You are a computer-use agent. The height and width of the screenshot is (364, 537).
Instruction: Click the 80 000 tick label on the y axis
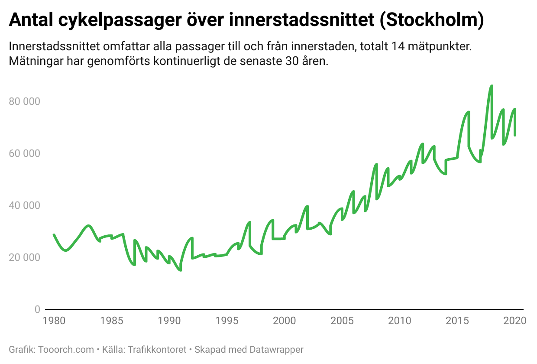pyautogui.click(x=24, y=102)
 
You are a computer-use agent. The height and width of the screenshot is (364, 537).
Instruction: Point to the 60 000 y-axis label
pyautogui.click(x=24, y=154)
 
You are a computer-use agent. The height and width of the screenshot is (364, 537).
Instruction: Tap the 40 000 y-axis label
pyautogui.click(x=24, y=205)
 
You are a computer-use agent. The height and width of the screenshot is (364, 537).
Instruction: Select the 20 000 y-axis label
pyautogui.click(x=24, y=257)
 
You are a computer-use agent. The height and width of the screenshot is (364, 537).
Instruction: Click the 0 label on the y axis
pyautogui.click(x=37, y=309)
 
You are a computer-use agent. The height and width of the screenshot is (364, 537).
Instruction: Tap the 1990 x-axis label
pyautogui.click(x=169, y=321)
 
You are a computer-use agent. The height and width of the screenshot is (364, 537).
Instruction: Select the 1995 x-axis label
pyautogui.click(x=226, y=321)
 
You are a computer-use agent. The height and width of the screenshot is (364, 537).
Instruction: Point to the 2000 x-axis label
pyautogui.click(x=284, y=321)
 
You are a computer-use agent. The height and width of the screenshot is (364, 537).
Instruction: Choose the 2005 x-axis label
pyautogui.click(x=342, y=321)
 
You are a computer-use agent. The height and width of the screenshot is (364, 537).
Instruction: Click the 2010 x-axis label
pyautogui.click(x=399, y=321)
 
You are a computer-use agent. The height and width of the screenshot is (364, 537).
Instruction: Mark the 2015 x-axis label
pyautogui.click(x=457, y=321)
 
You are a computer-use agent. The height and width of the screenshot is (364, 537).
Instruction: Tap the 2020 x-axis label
pyautogui.click(x=514, y=321)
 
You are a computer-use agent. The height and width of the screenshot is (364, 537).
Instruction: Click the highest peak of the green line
pyautogui.click(x=492, y=86)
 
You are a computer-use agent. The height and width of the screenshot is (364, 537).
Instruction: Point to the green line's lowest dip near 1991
pyautogui.click(x=180, y=270)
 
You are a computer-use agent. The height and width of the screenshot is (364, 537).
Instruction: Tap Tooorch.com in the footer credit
pyautogui.click(x=66, y=349)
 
